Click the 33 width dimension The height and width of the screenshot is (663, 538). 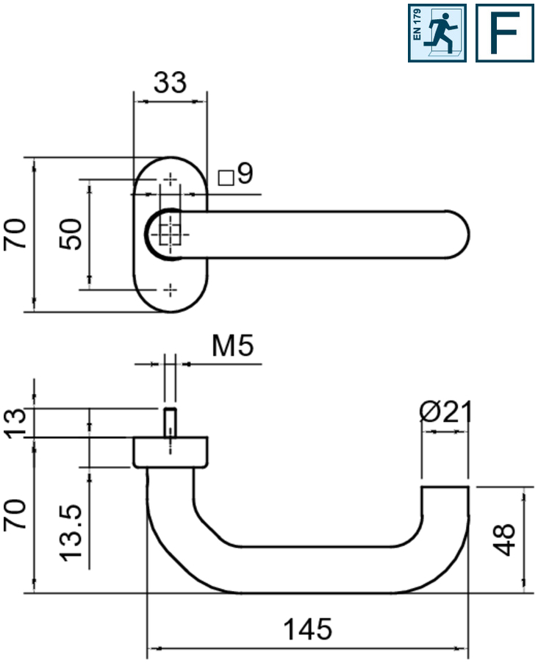point(170,82)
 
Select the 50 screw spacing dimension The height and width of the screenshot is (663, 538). point(71,234)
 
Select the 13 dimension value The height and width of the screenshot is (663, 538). point(16,423)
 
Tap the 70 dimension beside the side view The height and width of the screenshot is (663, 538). point(16,515)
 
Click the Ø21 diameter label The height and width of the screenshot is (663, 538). point(445,412)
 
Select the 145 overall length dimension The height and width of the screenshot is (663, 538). point(308,629)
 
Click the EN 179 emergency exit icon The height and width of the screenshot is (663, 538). point(437,33)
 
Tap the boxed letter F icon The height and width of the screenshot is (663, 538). point(503,33)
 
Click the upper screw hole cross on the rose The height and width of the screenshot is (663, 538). point(171,179)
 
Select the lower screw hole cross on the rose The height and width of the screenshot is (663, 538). point(171,290)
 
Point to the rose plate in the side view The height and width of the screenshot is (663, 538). point(171,452)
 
